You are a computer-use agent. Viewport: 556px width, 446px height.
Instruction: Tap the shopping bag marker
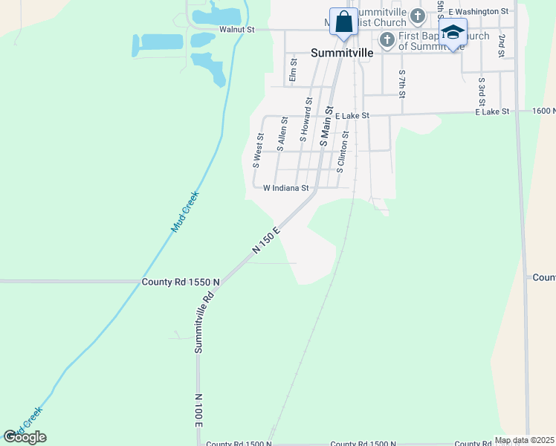click(343, 23)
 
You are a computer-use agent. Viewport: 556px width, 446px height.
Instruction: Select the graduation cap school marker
click(453, 33)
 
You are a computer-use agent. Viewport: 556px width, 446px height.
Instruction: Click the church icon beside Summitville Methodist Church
click(418, 16)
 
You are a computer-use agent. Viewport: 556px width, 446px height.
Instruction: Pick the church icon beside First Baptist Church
click(387, 39)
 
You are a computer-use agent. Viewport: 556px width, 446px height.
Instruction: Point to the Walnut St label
click(237, 30)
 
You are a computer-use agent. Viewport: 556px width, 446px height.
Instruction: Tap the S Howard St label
click(306, 119)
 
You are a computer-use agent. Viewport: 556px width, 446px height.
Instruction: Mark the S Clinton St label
click(343, 152)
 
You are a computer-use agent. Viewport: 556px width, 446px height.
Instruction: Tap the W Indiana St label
click(285, 189)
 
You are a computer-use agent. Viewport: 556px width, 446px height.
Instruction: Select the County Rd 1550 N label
click(181, 282)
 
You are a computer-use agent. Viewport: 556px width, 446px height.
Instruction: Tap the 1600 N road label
click(543, 111)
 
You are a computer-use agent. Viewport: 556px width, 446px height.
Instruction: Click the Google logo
click(25, 437)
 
